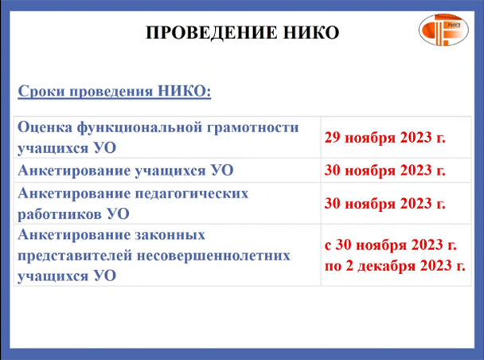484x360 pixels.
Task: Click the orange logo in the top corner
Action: [443, 30]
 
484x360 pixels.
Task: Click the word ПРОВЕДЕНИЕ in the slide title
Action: [211, 33]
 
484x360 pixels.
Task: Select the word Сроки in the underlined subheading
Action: [41, 92]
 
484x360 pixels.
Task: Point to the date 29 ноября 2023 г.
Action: [385, 137]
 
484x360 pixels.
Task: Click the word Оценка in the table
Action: [45, 127]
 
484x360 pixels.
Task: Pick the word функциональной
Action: [139, 127]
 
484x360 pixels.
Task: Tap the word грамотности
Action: [252, 127]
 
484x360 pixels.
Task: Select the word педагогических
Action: [192, 194]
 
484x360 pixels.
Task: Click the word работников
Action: [60, 214]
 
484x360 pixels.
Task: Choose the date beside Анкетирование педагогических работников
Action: [385, 203]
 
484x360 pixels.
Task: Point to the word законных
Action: [170, 235]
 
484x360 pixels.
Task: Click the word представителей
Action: [75, 256]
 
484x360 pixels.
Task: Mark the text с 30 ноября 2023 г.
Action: [391, 245]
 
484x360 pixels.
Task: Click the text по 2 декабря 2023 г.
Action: [395, 265]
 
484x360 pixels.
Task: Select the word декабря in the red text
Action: [386, 266]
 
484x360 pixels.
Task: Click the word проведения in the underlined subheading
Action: [111, 92]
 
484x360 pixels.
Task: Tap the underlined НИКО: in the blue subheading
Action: [184, 91]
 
